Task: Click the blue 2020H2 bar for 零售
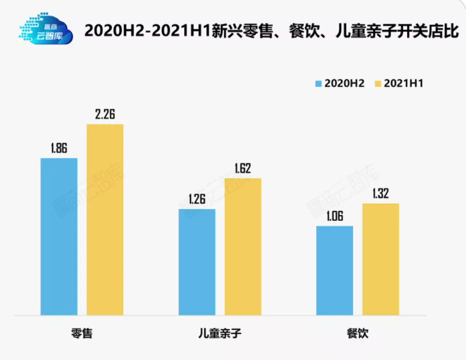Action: click(x=59, y=236)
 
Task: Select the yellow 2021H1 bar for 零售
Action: click(x=105, y=219)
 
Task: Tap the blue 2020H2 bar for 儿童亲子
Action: click(x=197, y=262)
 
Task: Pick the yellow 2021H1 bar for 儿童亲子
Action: click(x=243, y=246)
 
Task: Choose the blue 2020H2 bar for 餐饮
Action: click(x=335, y=270)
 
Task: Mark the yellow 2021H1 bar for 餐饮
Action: click(x=381, y=259)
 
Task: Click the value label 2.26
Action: click(x=105, y=114)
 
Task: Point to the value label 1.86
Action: click(x=59, y=149)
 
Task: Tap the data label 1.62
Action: click(x=243, y=168)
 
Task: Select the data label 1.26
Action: click(x=197, y=199)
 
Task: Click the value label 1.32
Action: click(x=381, y=194)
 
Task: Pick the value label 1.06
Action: click(x=335, y=216)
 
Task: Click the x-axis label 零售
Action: click(x=82, y=333)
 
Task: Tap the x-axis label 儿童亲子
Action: click(x=220, y=333)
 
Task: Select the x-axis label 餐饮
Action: click(x=357, y=333)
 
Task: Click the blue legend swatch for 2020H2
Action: click(x=319, y=83)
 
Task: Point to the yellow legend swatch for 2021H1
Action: click(x=378, y=83)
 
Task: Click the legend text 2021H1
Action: click(x=404, y=83)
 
